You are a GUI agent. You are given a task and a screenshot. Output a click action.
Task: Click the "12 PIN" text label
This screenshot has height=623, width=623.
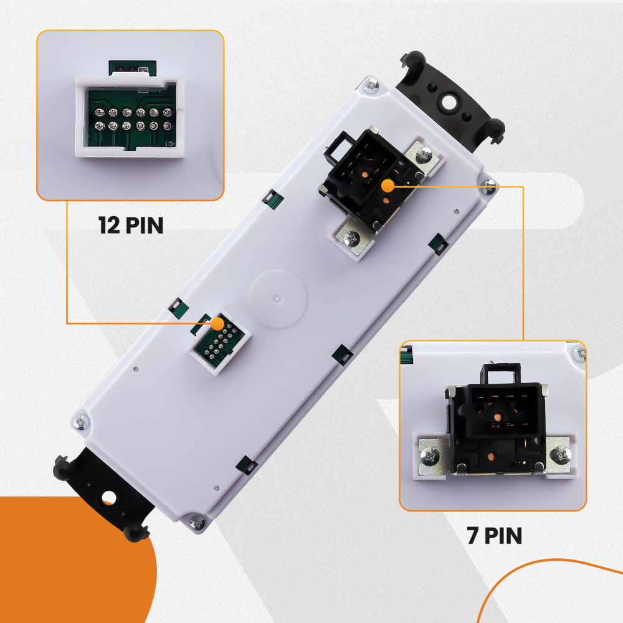point(131,226)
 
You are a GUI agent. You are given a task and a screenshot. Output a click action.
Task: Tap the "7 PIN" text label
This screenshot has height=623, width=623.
point(494,535)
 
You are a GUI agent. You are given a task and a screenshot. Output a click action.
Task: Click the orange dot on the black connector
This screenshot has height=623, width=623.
point(388,186)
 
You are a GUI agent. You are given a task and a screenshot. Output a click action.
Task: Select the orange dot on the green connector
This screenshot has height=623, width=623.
point(217,324)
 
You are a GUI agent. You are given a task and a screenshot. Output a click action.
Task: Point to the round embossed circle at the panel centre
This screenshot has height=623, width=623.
point(278,299)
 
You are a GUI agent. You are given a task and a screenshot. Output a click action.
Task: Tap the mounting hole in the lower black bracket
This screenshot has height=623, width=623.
point(108,497)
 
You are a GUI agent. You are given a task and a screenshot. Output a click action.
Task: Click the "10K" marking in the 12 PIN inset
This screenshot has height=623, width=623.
point(170,143)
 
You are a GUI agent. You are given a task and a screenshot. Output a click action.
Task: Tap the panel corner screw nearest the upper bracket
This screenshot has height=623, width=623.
point(372,85)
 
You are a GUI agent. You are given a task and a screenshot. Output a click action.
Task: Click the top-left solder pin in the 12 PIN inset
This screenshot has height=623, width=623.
point(99,112)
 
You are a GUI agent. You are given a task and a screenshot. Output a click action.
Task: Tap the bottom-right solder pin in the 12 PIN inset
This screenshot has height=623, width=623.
point(167,126)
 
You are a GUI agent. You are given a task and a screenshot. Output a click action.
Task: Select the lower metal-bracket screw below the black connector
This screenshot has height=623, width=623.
point(352,239)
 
